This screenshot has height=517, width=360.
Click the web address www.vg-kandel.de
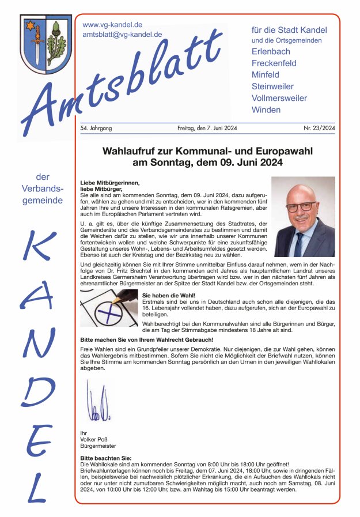112,25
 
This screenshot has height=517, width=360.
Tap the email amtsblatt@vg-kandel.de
122,35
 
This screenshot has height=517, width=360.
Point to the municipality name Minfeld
265,75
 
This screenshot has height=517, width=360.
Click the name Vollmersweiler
279,98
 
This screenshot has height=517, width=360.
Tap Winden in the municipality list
266,110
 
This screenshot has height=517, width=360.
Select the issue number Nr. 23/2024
319,128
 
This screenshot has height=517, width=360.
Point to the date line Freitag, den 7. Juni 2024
207,128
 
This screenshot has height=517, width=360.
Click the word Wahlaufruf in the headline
128,151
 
